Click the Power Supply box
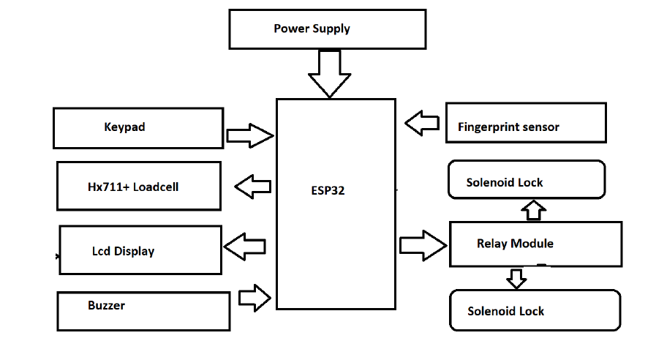(x=327, y=29)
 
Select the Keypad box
(x=137, y=127)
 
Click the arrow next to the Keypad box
(x=249, y=135)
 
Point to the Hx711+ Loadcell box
(x=138, y=187)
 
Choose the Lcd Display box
(x=140, y=250)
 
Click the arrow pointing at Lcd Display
(x=244, y=247)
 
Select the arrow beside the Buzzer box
(x=255, y=297)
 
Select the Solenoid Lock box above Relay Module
(x=526, y=181)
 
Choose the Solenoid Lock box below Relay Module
(x=534, y=310)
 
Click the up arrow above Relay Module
(x=534, y=210)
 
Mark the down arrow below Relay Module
(x=516, y=278)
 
